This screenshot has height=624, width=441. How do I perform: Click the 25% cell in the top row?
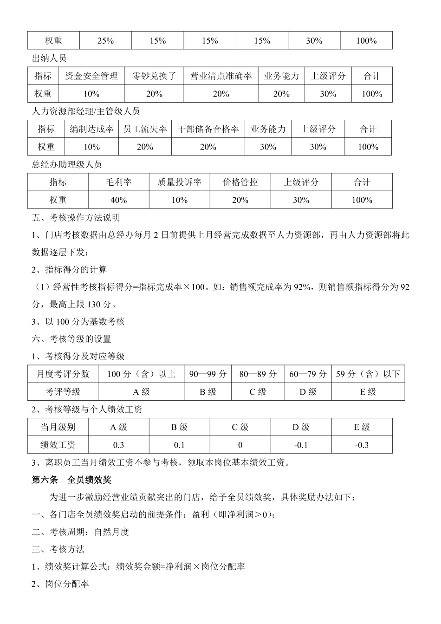[105, 41]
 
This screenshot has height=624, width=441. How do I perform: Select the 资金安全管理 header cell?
[91, 76]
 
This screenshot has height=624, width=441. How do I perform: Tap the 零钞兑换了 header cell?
[154, 76]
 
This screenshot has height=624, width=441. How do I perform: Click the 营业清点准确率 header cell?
[221, 76]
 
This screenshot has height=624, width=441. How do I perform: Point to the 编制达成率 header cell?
[91, 129]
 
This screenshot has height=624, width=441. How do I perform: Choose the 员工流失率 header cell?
[145, 129]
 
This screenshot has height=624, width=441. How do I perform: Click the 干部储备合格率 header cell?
[208, 129]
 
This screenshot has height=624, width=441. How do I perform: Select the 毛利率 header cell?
[119, 182]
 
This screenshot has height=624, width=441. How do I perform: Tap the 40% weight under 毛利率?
[119, 200]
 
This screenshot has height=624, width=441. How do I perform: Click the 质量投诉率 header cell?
[179, 182]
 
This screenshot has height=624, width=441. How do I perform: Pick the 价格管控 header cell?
[240, 182]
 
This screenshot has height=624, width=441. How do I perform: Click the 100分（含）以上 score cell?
[141, 374]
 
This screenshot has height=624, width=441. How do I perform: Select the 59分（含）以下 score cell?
[368, 374]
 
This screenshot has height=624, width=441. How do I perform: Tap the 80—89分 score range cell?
[258, 374]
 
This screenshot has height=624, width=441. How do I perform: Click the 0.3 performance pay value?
[118, 445]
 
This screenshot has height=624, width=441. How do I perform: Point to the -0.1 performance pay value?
[301, 445]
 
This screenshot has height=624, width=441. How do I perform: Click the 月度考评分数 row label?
[63, 374]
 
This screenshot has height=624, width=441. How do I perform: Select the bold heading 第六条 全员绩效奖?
[71, 480]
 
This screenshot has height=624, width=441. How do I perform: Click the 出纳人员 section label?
[49, 58]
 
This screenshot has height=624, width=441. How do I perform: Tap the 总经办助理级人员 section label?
[67, 165]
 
